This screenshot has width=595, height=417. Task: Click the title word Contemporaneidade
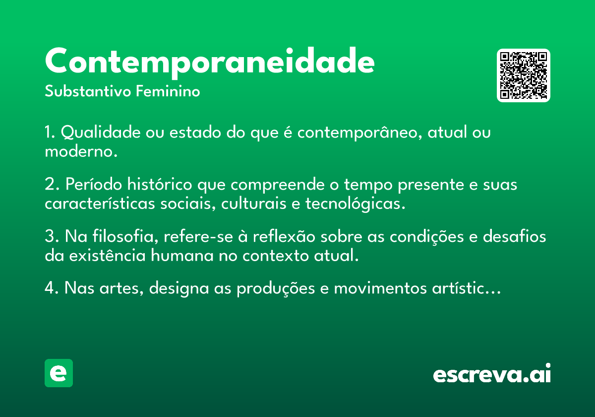[x=210, y=63]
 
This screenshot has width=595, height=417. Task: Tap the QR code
[x=523, y=75]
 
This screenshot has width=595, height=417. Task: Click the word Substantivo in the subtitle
[x=88, y=91]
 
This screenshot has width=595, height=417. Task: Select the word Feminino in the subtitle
[x=168, y=91]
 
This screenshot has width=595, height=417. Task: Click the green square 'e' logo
[x=59, y=373]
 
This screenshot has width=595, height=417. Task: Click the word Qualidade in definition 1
[x=101, y=132]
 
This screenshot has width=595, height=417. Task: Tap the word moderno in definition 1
[x=81, y=151]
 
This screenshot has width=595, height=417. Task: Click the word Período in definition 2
[x=94, y=184]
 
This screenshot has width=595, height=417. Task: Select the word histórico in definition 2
[x=160, y=184]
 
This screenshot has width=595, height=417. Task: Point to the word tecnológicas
[x=356, y=204]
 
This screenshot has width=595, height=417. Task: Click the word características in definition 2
[x=100, y=204]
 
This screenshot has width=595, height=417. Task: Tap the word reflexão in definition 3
[x=284, y=236]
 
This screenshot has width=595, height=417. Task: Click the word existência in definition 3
[x=107, y=255]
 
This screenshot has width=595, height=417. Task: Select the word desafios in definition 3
[x=514, y=236]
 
